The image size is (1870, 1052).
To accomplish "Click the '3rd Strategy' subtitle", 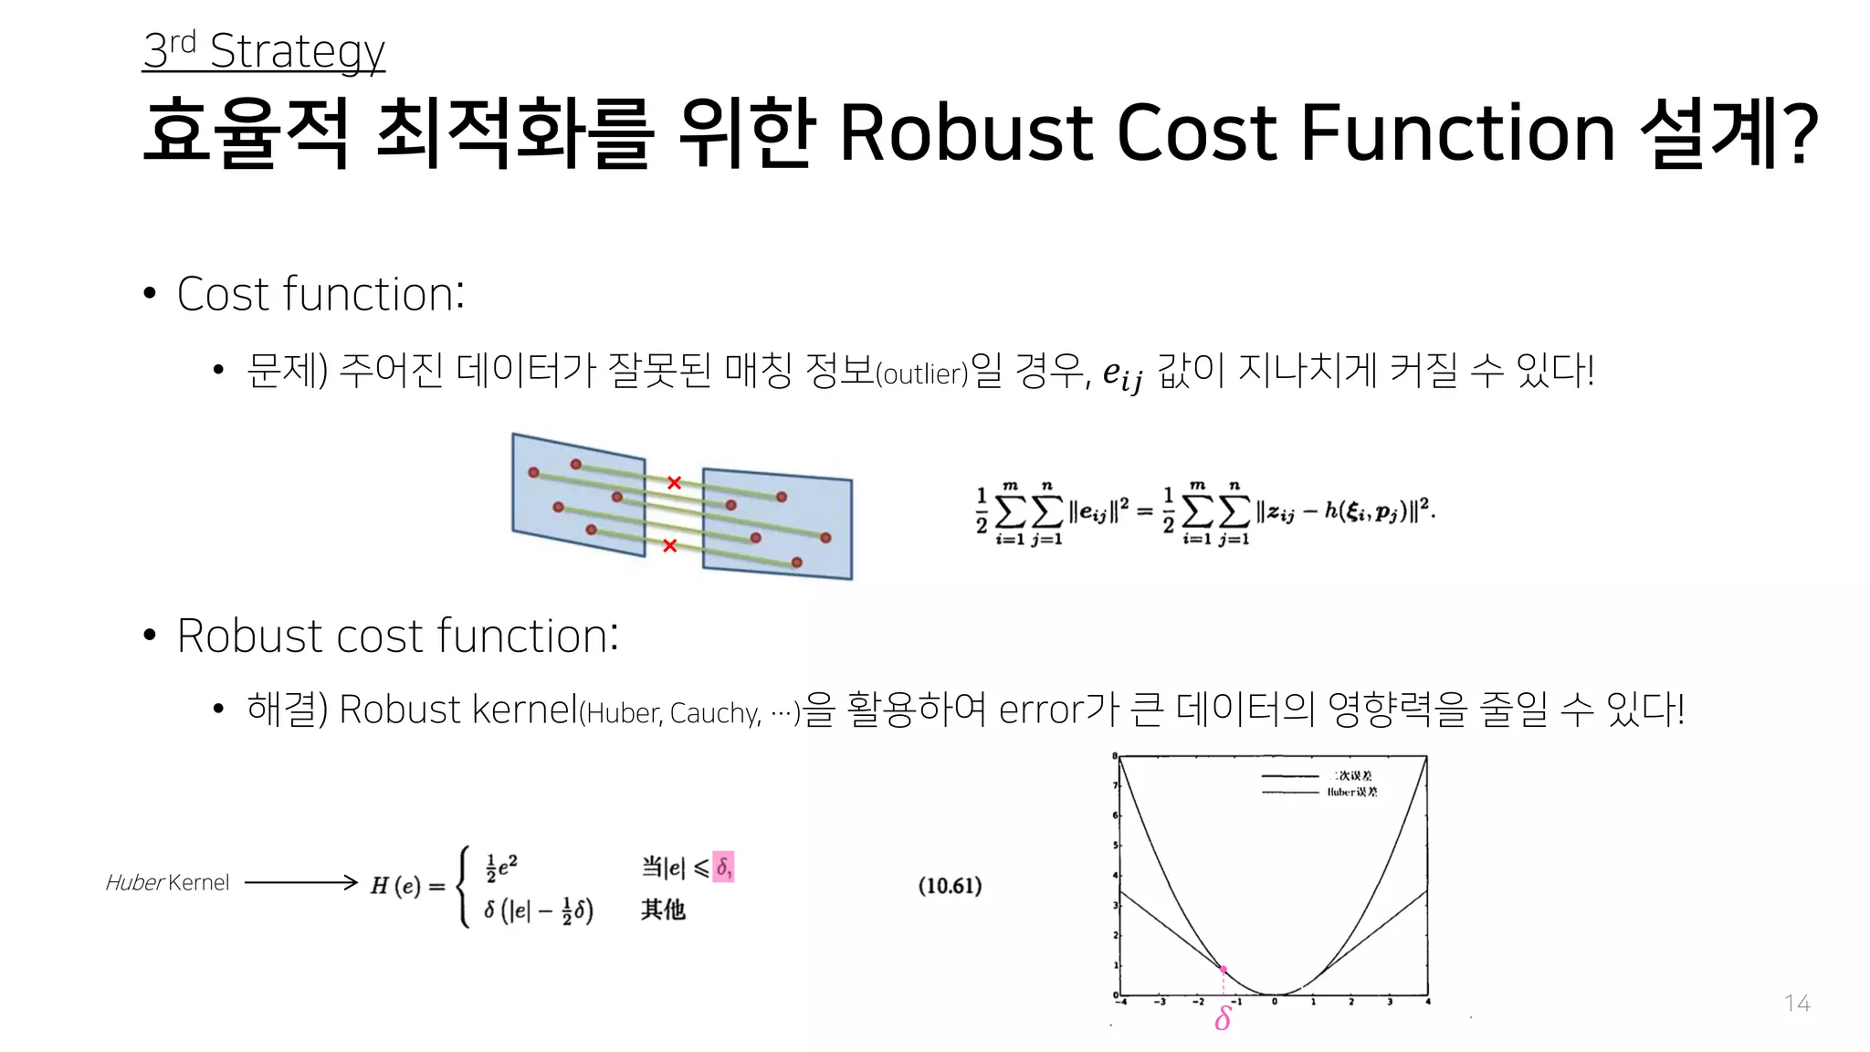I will tap(264, 50).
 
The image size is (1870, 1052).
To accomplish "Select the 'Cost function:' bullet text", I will tap(320, 294).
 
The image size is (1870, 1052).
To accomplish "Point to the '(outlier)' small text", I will tap(921, 374).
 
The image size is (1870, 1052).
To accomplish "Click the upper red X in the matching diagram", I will tap(674, 482).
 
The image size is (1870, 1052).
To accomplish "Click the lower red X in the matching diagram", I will tap(669, 545).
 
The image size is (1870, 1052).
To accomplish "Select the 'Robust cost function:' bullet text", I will tap(397, 636).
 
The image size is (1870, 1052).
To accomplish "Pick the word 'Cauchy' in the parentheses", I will tap(714, 713).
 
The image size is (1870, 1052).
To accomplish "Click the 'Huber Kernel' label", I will tap(167, 882).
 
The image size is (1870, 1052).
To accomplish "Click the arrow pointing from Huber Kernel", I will tap(301, 882).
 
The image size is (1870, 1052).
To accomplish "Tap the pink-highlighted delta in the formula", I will tap(723, 867).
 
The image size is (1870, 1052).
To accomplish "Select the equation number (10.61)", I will tap(950, 885).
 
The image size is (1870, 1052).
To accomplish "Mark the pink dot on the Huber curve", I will tap(1224, 969).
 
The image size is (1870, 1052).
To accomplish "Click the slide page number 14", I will tap(1796, 1004).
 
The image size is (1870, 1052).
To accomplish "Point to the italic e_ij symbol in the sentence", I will tap(1121, 374).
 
